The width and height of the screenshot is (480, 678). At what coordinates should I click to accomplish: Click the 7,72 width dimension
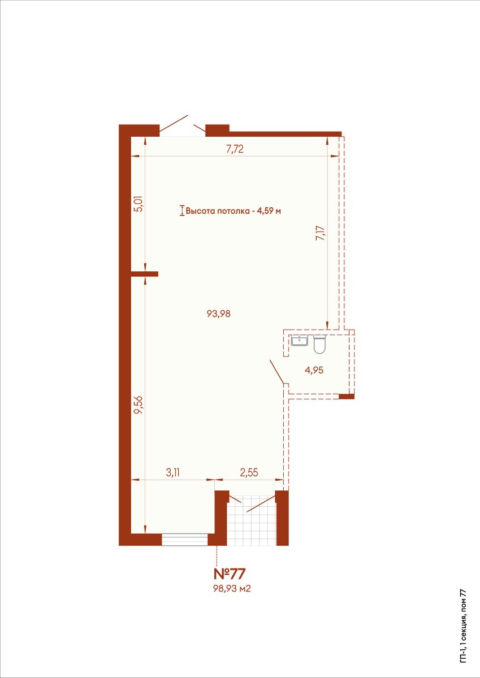click(x=235, y=149)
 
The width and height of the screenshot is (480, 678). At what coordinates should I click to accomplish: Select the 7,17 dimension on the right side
click(x=320, y=233)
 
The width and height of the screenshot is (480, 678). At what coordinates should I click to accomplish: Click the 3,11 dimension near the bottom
click(x=172, y=472)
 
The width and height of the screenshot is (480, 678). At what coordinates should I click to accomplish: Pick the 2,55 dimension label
click(x=249, y=472)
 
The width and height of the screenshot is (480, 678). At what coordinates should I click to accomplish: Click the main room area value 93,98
click(x=218, y=314)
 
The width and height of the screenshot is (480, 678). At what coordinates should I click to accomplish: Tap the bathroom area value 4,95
click(x=314, y=370)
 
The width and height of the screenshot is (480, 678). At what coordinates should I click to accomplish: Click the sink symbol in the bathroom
click(x=300, y=341)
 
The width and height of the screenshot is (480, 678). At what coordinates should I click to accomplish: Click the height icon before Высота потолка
click(x=182, y=211)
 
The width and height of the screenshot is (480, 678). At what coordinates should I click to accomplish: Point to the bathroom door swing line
click(x=277, y=372)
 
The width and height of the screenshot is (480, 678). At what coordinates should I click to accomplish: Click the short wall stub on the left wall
click(x=145, y=274)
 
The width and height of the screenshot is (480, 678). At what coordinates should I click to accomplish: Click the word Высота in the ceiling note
click(x=197, y=211)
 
